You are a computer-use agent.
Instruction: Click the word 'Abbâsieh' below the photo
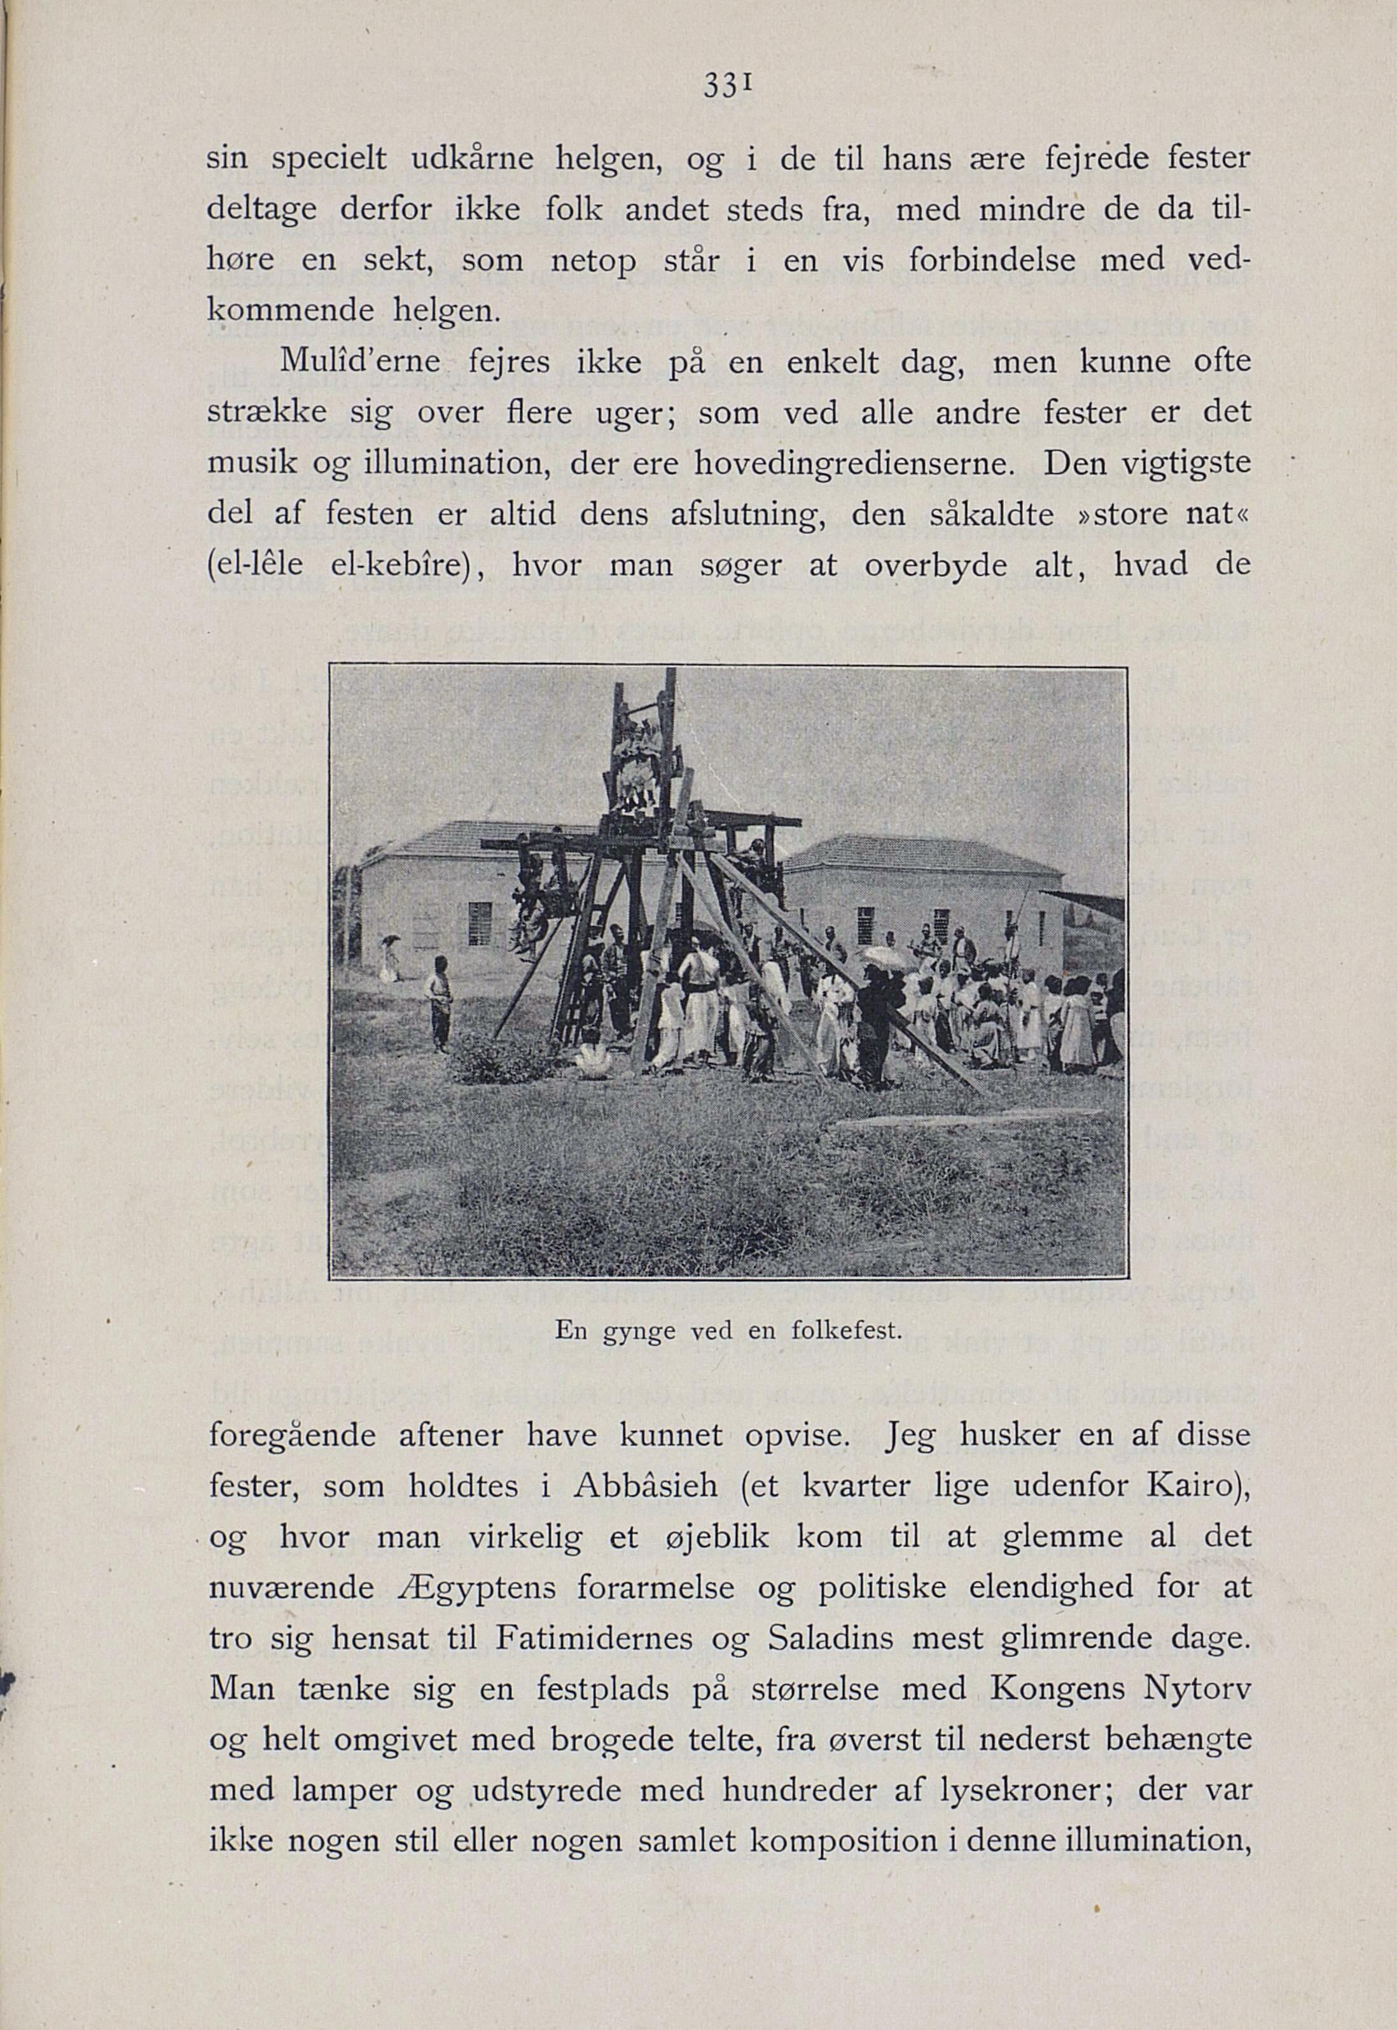click(645, 1486)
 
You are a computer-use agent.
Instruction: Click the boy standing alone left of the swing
click(438, 999)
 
